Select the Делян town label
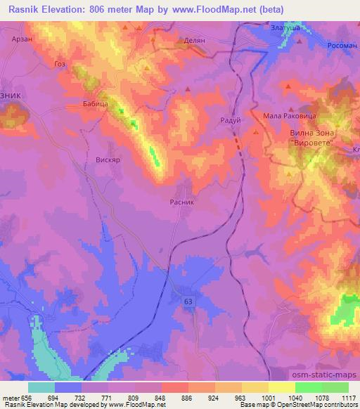[x=194, y=41]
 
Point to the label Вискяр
[x=108, y=160]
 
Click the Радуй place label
[x=231, y=119]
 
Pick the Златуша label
[x=286, y=27]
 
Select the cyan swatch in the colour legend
[x=41, y=387]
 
